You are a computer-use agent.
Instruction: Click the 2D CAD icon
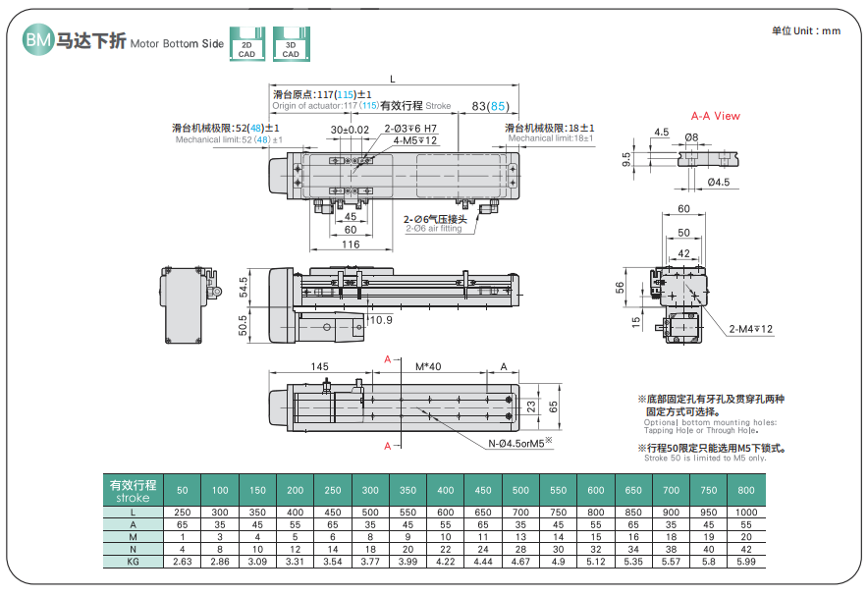(x=246, y=44)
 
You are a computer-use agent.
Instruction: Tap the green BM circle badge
(x=37, y=41)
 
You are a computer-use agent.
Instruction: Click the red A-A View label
(x=715, y=116)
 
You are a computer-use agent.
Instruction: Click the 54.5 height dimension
(x=244, y=287)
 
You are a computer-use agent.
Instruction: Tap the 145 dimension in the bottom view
(x=320, y=366)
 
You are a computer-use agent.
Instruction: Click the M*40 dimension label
(x=428, y=366)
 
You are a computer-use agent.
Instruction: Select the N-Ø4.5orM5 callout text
(x=521, y=442)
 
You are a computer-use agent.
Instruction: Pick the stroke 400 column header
(x=445, y=489)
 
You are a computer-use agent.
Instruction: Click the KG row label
(x=132, y=561)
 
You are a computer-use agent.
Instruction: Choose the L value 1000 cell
(x=746, y=513)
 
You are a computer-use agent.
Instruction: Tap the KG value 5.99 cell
(x=746, y=561)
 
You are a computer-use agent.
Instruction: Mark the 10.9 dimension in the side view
(x=380, y=320)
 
